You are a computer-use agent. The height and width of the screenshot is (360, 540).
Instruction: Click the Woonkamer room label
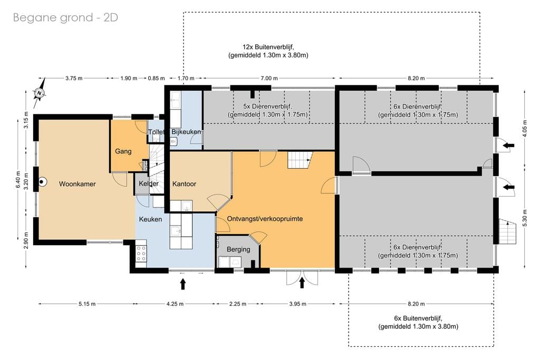point(77,184)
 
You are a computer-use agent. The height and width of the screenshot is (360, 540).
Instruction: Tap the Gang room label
point(123,151)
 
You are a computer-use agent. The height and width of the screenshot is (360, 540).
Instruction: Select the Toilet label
point(156,132)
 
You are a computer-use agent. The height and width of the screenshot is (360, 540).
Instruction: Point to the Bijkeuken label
point(186,132)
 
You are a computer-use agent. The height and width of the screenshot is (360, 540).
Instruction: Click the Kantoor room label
point(184,184)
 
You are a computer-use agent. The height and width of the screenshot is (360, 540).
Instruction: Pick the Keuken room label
point(150,219)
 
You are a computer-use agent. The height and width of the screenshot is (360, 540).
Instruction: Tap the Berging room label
point(238,249)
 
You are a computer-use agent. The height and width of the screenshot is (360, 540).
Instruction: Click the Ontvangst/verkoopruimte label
point(265,219)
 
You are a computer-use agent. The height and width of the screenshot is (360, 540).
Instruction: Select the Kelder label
point(149,183)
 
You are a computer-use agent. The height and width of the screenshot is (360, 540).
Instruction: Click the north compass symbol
point(40,93)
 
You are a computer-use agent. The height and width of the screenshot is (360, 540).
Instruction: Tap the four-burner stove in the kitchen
point(141,254)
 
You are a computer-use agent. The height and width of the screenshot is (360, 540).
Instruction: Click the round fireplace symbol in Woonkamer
point(42,181)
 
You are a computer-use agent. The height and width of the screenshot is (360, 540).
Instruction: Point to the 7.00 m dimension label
point(268,78)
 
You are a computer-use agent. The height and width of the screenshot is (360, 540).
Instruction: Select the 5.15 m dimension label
point(87,304)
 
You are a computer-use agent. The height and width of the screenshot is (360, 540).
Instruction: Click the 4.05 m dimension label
point(525,129)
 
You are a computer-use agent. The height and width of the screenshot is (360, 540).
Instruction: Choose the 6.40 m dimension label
point(18,180)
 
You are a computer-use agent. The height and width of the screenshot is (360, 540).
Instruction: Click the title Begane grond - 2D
point(65,17)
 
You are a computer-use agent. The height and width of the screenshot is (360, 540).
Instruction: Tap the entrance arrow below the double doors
point(302,283)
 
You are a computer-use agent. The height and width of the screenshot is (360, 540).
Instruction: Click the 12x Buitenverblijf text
point(268,47)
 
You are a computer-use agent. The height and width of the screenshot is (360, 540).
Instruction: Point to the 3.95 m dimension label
point(297,304)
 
